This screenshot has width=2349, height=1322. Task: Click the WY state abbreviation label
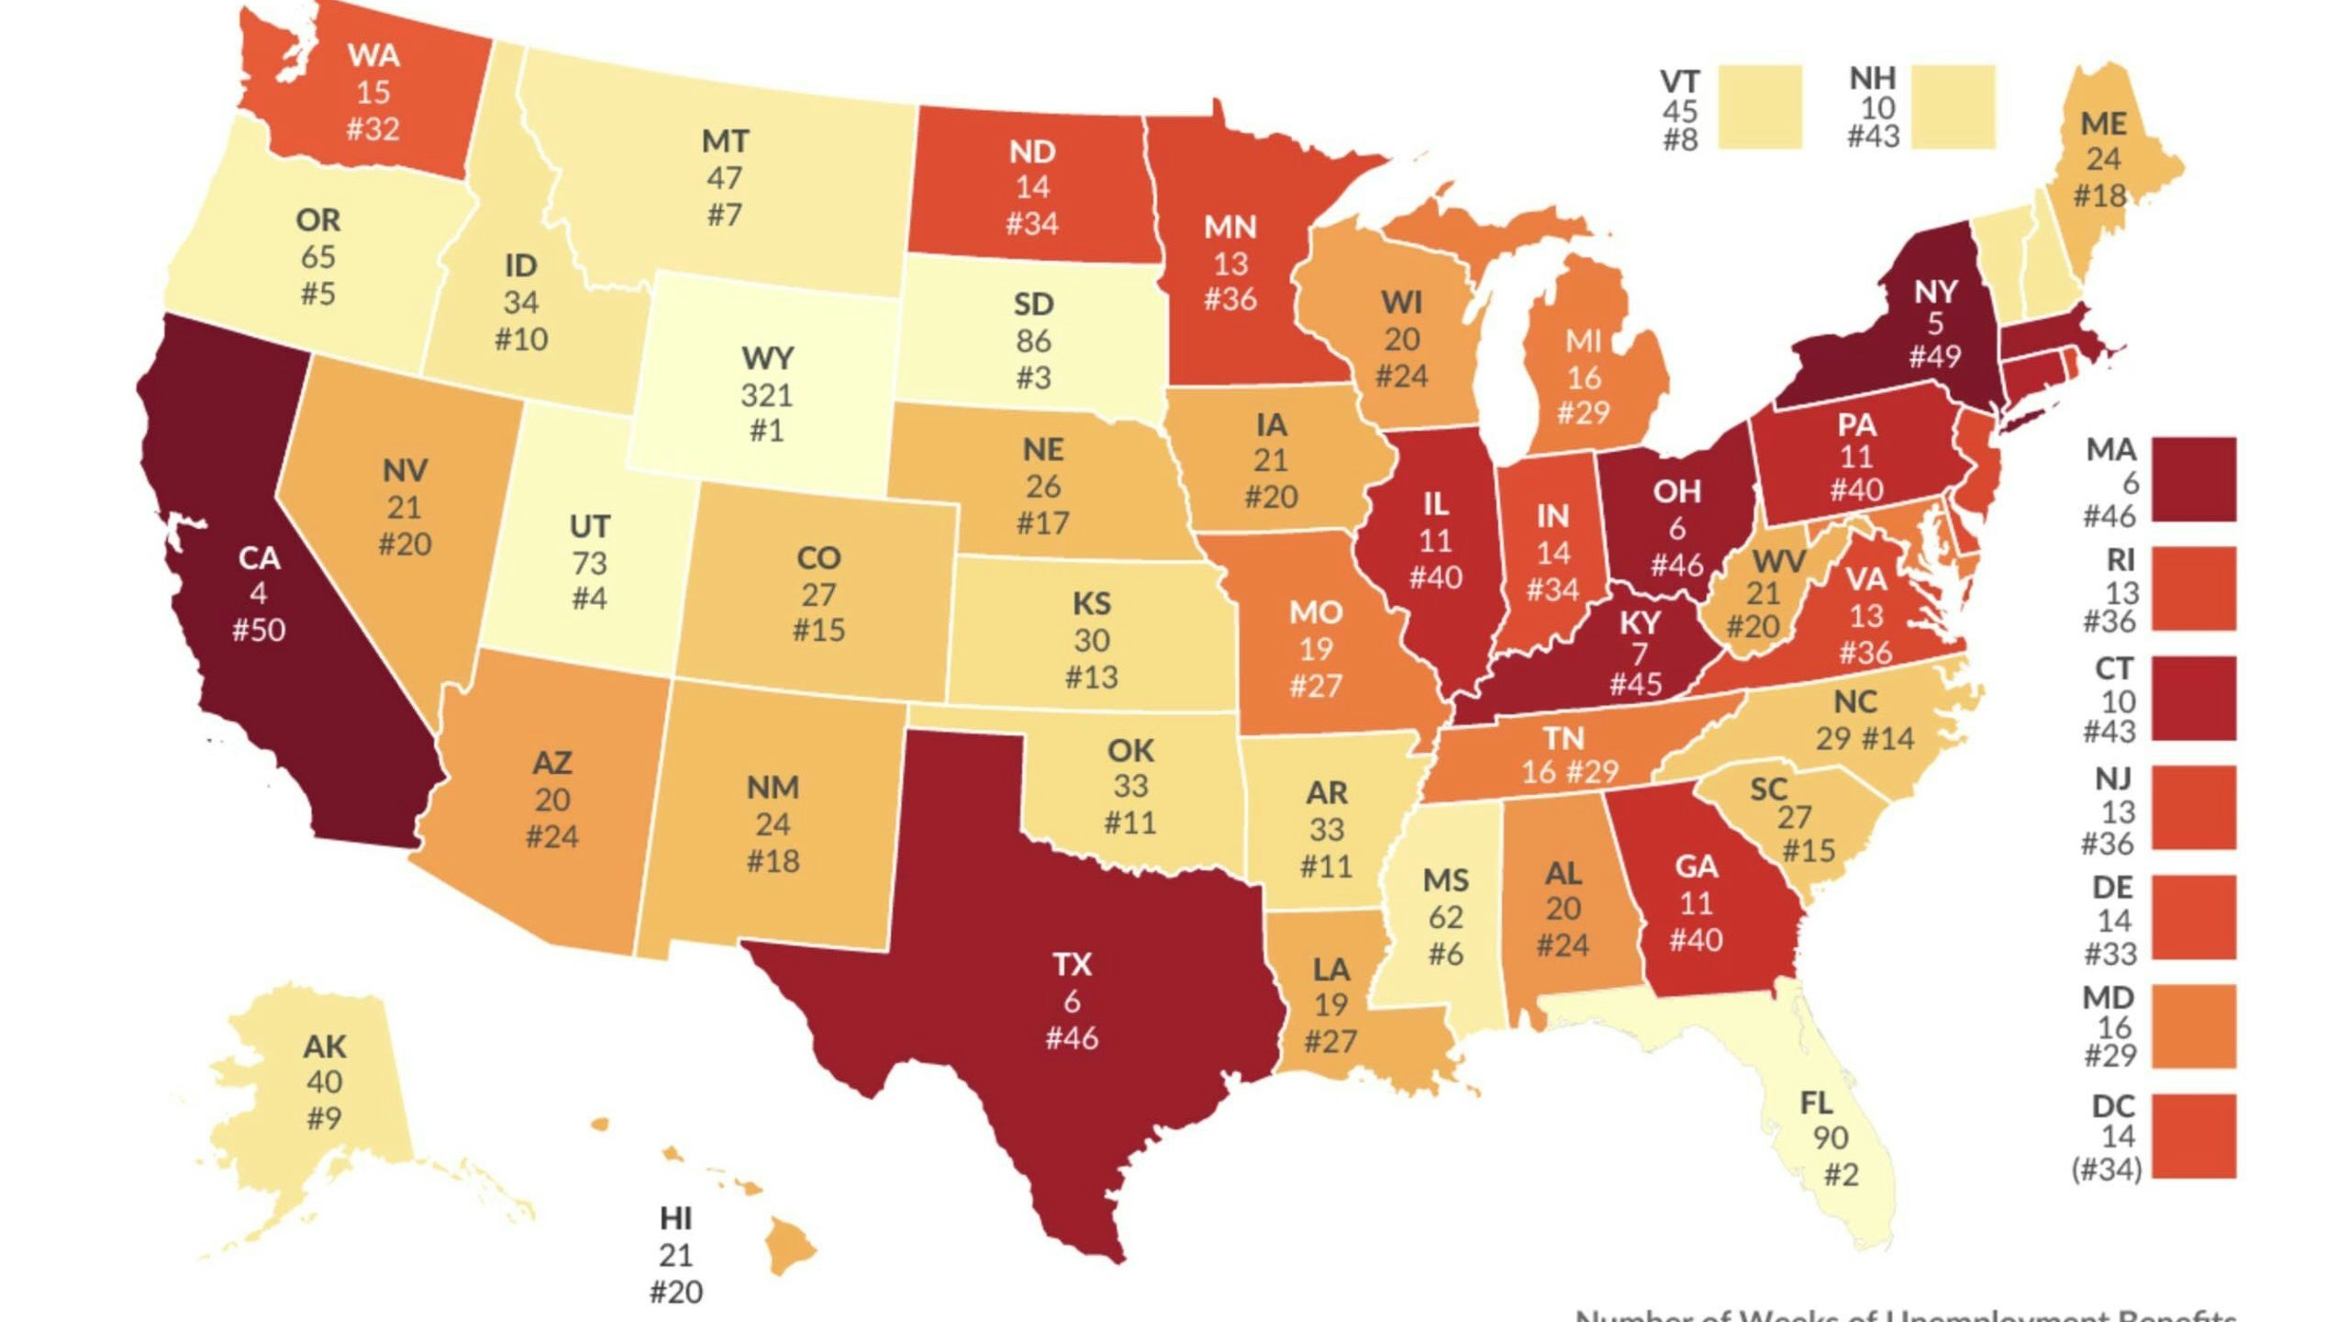click(x=767, y=357)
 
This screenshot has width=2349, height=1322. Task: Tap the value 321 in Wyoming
click(x=766, y=395)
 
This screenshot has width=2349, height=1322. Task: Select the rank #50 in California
click(x=258, y=630)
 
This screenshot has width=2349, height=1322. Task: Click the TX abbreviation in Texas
click(x=1072, y=964)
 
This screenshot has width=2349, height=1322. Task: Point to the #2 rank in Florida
click(x=1841, y=1175)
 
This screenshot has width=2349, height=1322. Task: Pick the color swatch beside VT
click(x=1759, y=107)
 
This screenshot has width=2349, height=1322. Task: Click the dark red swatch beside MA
click(x=2194, y=480)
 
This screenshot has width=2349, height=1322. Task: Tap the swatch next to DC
click(x=2194, y=1136)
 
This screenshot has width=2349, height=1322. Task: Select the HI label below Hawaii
click(x=675, y=1218)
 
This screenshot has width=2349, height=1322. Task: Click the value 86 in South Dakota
click(x=1033, y=341)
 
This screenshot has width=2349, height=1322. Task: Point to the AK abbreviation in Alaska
click(x=325, y=1047)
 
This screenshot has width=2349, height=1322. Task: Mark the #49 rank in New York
click(x=1935, y=356)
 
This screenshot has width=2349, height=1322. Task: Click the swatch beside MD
click(x=2194, y=1026)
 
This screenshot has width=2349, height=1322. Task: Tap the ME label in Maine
click(x=2103, y=123)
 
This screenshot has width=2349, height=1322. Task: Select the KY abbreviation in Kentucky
click(x=1639, y=623)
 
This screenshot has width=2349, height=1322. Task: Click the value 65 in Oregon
click(x=317, y=256)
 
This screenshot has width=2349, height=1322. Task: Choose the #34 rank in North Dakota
click(x=1032, y=223)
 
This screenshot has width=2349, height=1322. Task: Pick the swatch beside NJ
click(x=2194, y=808)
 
